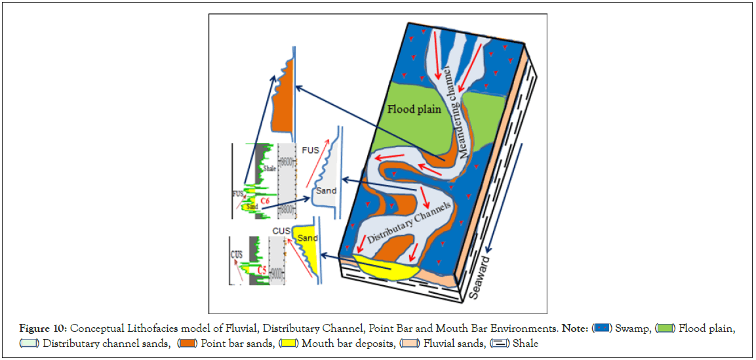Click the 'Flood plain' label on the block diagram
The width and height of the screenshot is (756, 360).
[x=414, y=109]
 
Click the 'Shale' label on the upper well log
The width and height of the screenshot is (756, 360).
[x=268, y=168]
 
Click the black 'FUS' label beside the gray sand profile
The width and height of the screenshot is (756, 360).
[x=311, y=150]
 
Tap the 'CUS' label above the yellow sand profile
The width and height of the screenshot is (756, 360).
[x=282, y=231]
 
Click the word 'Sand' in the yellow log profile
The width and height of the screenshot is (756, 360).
[x=308, y=238]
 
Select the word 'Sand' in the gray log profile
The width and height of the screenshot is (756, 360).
[x=326, y=191]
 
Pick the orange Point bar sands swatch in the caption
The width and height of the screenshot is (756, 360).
[x=188, y=343]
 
